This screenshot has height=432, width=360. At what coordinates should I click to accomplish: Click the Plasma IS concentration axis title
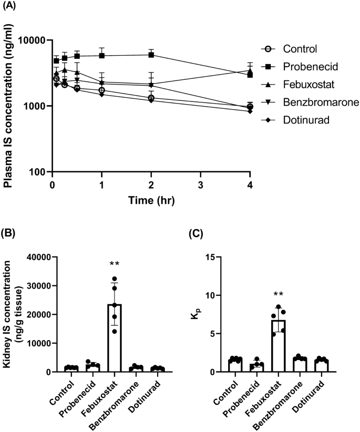[9, 105]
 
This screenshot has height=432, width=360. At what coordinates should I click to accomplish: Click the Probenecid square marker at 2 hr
[151, 55]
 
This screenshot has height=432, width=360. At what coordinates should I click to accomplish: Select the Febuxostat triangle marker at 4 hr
[250, 71]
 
